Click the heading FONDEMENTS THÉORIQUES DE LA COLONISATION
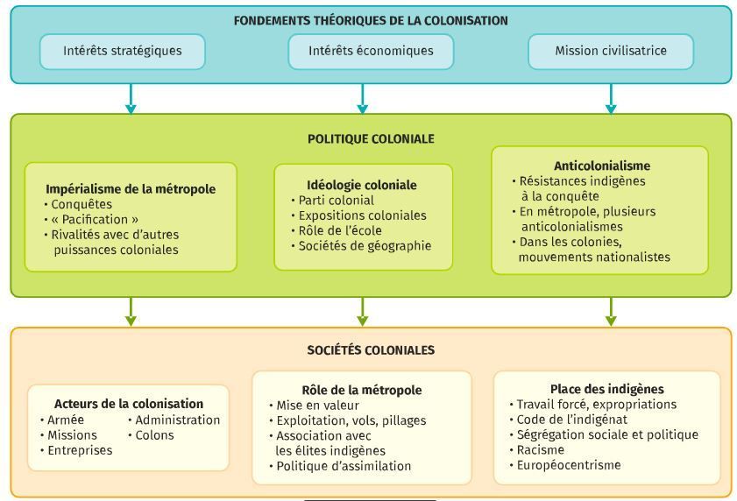coord(371,21)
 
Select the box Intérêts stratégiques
coord(122,51)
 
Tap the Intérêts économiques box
coord(371,51)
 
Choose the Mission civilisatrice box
coord(611,51)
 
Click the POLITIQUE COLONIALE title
coord(371,138)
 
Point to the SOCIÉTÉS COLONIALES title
coord(371,350)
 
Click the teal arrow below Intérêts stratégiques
coord(131,99)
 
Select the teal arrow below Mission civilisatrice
coord(611,99)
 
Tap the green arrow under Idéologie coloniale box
coord(362,312)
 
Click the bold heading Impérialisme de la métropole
coord(131,189)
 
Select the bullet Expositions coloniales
coord(359,215)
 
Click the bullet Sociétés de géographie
coord(361,246)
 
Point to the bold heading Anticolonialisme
coord(602,166)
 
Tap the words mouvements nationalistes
coord(594,258)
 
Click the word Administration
coord(178,420)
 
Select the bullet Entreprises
coord(76,450)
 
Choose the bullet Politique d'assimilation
coord(340,466)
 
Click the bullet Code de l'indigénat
coord(568,420)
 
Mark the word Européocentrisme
coord(569,465)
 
